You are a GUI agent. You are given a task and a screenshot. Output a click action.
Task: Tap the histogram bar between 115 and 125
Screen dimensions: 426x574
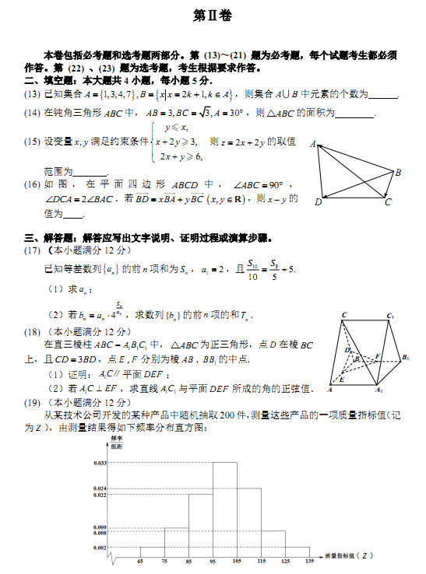pyautogui.click(x=273, y=541)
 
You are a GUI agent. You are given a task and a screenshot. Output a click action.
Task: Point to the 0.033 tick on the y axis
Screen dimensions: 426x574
pyautogui.click(x=100, y=463)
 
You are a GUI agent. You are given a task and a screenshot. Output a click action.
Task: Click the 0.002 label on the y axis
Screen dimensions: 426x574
pyautogui.click(x=100, y=548)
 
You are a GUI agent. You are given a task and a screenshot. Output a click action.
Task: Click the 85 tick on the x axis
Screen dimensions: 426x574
pyautogui.click(x=189, y=560)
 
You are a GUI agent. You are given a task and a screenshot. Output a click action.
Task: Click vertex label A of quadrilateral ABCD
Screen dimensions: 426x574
pyautogui.click(x=313, y=145)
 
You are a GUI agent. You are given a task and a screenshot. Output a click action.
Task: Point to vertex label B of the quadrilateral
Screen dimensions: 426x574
pyautogui.click(x=398, y=172)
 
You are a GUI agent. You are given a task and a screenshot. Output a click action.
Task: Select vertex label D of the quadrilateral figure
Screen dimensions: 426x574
pyautogui.click(x=318, y=202)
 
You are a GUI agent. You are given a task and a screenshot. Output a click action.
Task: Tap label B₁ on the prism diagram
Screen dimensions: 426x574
pyautogui.click(x=405, y=357)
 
